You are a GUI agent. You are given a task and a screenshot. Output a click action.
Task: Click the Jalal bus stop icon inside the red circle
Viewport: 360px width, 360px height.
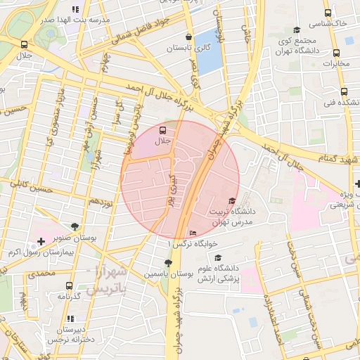pyautogui.click(x=163, y=130)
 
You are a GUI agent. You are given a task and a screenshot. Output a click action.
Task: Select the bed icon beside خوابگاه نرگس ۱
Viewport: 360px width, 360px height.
pyautogui.click(x=193, y=233)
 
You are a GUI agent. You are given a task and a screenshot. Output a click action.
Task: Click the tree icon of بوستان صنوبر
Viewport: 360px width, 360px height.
pyautogui.click(x=75, y=226)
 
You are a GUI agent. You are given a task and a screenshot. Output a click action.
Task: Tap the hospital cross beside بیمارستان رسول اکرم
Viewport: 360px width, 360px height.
pyautogui.click(x=41, y=241)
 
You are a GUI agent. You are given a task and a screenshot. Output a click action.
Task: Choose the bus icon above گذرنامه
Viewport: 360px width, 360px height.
pyautogui.click(x=68, y=285)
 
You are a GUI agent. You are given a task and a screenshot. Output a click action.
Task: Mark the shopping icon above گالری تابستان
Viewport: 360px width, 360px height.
pyautogui.click(x=188, y=37)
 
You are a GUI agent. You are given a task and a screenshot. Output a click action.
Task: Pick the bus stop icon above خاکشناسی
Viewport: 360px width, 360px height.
pyautogui.click(x=327, y=13)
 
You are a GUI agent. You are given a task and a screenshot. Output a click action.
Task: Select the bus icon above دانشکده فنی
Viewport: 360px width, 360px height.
pyautogui.click(x=343, y=91)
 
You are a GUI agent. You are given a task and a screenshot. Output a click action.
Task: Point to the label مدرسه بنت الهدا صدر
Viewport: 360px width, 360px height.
pyautogui.click(x=75, y=20)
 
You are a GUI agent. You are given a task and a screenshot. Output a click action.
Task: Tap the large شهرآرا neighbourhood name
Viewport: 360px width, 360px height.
pyautogui.click(x=110, y=271)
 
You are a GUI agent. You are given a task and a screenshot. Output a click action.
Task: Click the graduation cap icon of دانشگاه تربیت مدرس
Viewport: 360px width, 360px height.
pyautogui.click(x=233, y=202)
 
